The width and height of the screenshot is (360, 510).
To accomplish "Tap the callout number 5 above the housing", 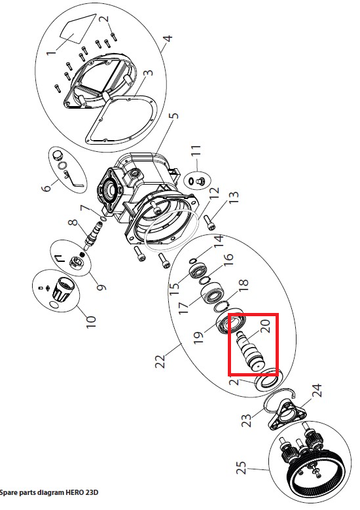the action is (x=175, y=116).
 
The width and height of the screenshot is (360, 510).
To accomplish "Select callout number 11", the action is (x=196, y=151).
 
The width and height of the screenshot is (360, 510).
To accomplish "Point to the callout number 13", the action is (x=234, y=196).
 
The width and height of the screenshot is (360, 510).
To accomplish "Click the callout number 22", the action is (x=160, y=360).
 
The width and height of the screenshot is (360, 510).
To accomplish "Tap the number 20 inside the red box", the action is (x=265, y=326).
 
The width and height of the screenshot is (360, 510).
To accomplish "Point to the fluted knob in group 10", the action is (x=63, y=289).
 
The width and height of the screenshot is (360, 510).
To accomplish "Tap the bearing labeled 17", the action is (x=212, y=295).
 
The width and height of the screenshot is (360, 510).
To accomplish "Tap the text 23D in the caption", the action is (x=92, y=492).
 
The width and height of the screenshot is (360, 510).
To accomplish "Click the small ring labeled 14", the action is (x=192, y=260).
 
